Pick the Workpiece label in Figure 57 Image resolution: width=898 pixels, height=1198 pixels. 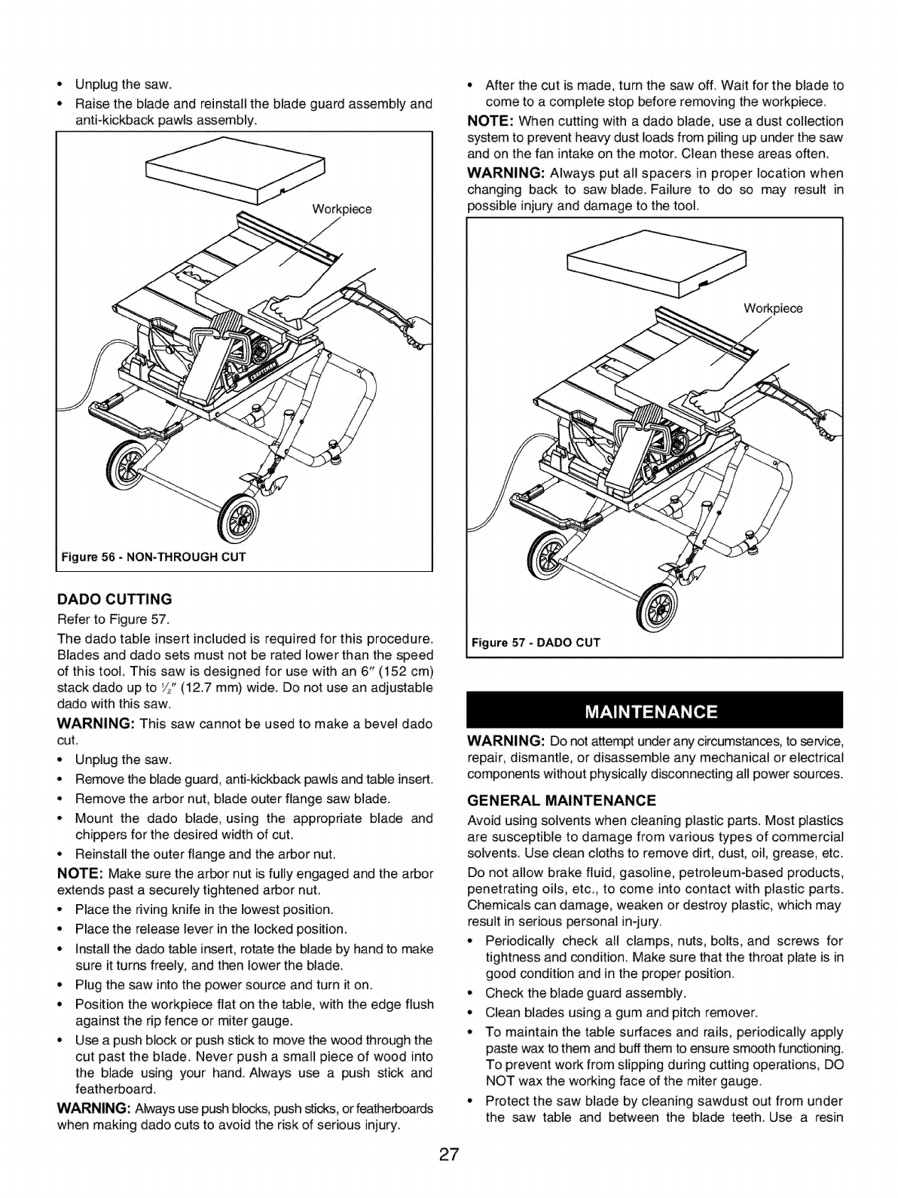coord(773,309)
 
